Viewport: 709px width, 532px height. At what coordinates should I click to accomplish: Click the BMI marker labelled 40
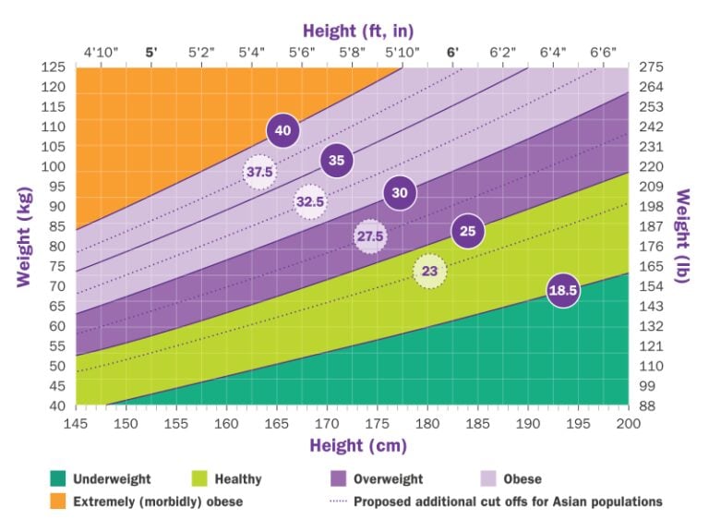coord(282,130)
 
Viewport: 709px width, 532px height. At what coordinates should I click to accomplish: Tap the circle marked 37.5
coord(259,172)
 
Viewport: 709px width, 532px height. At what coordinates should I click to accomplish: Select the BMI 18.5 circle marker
coord(562,292)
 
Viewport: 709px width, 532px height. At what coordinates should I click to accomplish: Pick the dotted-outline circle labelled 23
coord(429,272)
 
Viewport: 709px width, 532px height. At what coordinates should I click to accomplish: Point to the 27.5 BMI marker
coord(370,236)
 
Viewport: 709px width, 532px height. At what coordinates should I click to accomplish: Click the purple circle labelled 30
coord(400,193)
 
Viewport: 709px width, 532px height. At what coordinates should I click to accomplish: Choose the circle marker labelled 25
coord(467,231)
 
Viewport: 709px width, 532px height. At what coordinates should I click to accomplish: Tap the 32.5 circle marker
coord(310,201)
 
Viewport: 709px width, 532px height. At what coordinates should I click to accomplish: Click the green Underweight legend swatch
coord(58,479)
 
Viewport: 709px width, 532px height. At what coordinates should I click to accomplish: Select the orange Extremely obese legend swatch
coord(58,502)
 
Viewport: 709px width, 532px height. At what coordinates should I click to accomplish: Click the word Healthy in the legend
coord(238,479)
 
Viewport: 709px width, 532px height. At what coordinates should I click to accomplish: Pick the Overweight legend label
coord(388,479)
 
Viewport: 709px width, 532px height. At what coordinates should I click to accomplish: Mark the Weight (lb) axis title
coord(684,239)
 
